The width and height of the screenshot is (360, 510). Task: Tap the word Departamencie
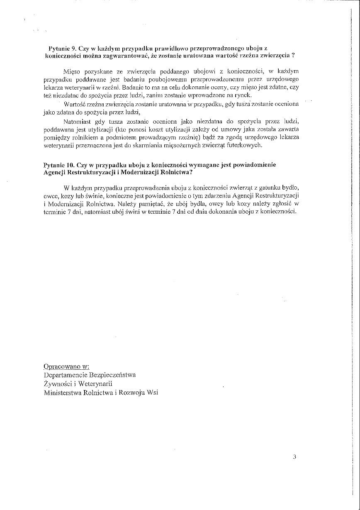pos(64,375)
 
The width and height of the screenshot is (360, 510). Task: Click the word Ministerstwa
pos(64,393)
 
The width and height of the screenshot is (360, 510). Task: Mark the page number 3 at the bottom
pos(294,457)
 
